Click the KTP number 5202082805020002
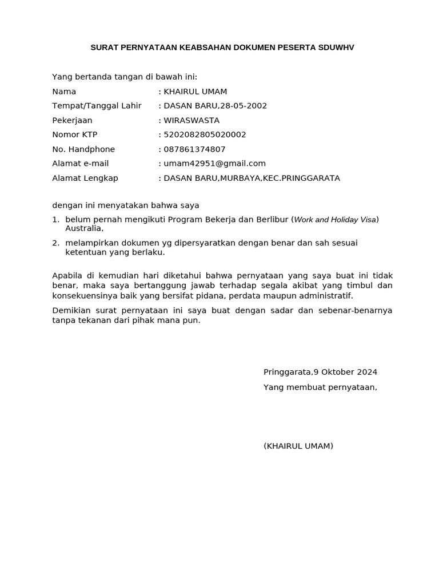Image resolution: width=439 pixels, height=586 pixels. [x=205, y=135]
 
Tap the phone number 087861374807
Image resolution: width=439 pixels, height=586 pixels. [x=195, y=149]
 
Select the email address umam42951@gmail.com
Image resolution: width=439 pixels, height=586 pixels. [x=215, y=164]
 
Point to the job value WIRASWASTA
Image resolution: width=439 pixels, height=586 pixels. [x=191, y=121]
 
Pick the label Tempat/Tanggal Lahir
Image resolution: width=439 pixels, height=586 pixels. [x=97, y=106]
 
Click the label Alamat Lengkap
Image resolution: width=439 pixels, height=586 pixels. [x=85, y=178]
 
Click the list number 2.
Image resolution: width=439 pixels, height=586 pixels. [x=55, y=243]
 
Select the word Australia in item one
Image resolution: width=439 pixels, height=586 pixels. [x=83, y=228]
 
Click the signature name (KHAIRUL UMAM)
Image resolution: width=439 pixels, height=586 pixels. [x=298, y=446]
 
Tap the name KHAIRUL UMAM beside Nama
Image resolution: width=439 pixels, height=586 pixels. [x=195, y=92]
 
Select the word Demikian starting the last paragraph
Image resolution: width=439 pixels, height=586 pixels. [x=71, y=310]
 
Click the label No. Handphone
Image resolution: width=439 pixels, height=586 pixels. [x=83, y=149]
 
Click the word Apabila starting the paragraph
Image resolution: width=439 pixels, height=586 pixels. [x=67, y=276]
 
